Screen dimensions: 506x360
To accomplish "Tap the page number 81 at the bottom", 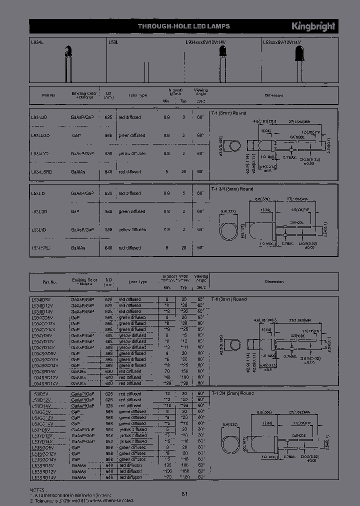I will pyautogui.click(x=184, y=494).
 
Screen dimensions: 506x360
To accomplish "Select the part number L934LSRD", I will pyautogui.click(x=42, y=171).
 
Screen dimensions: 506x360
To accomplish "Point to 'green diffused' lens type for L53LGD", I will pyautogui.click(x=132, y=211).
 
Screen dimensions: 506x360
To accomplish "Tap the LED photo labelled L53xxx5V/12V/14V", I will pyautogui.click(x=300, y=62).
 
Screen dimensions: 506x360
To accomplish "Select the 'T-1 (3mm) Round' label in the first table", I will pyautogui.click(x=228, y=113).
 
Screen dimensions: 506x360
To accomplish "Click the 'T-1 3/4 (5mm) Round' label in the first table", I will pyautogui.click(x=232, y=189).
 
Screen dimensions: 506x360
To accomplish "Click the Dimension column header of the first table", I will pyautogui.click(x=273, y=94).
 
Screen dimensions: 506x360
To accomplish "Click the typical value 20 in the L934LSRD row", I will pyautogui.click(x=183, y=171).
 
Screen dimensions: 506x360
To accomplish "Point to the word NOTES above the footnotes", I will pyautogui.click(x=37, y=491).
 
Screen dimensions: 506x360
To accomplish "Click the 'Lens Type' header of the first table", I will pyautogui.click(x=137, y=94).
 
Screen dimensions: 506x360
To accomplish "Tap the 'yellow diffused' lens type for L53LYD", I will pyautogui.click(x=132, y=229).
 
